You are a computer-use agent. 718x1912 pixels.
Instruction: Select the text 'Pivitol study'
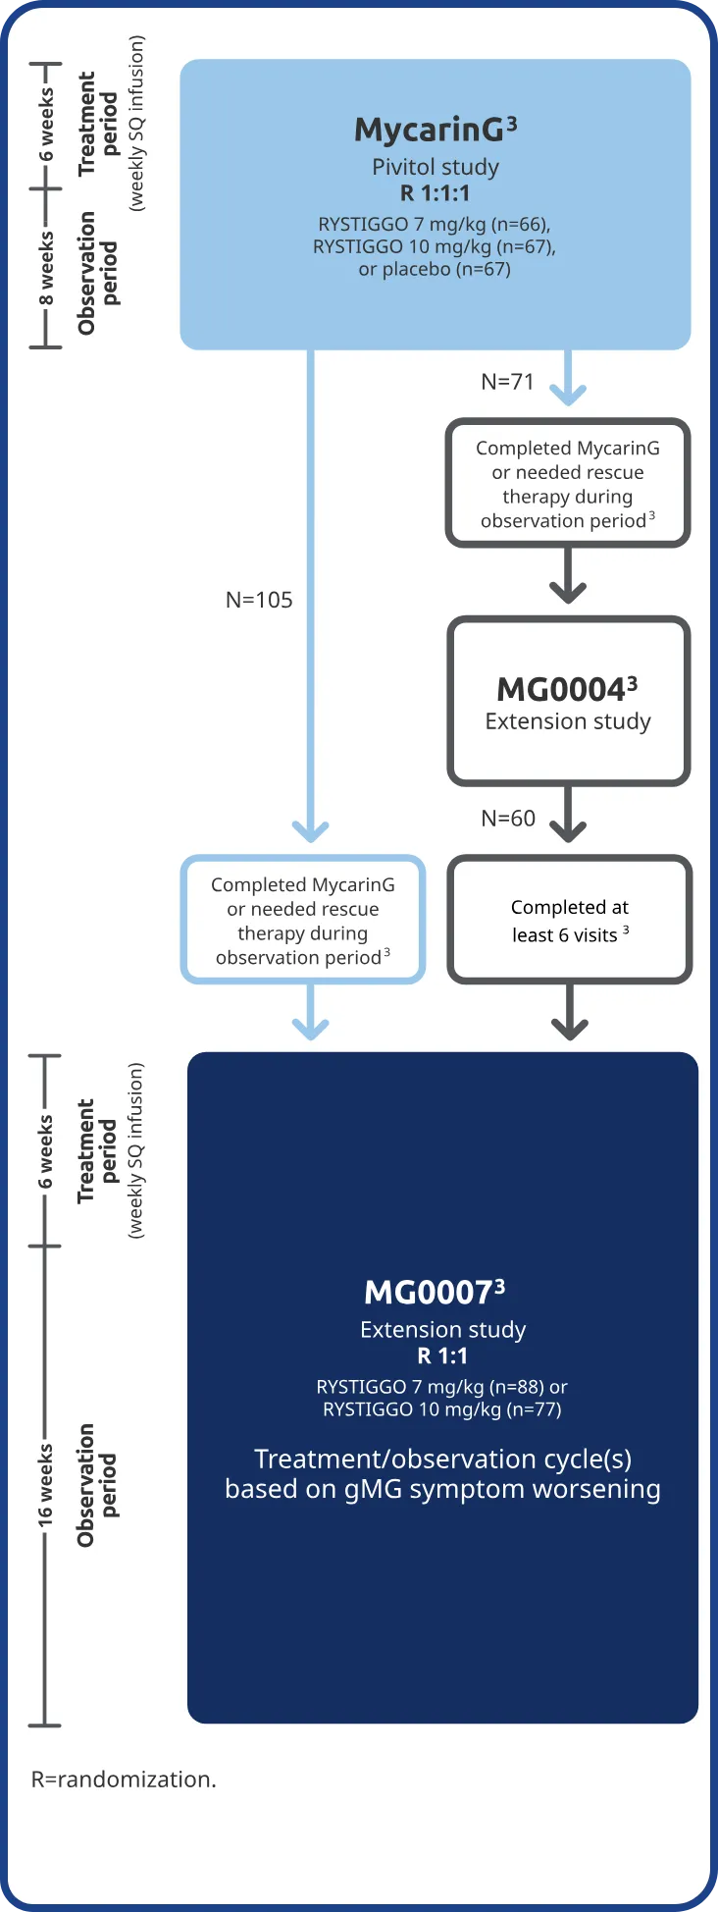coord(436,167)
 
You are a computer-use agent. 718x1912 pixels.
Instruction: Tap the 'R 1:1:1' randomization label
coord(435,193)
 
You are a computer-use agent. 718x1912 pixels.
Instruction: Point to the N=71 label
coord(507,382)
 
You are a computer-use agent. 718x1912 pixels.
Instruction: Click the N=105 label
coord(259,600)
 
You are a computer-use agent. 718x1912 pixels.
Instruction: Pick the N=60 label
coord(508,819)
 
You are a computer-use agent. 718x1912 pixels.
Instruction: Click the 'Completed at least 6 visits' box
coord(569,920)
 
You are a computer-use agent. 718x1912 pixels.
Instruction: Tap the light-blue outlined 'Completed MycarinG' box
coord(303,920)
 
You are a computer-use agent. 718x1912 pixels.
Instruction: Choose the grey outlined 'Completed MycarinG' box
coord(568,484)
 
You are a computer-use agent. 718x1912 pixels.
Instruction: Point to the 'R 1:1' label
coord(442,1355)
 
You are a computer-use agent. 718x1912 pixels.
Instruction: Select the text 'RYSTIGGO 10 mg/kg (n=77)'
coord(442,1409)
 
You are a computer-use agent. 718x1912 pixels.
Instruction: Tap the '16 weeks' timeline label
coord(46,1484)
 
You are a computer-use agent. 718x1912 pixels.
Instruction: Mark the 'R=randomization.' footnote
coord(124,1779)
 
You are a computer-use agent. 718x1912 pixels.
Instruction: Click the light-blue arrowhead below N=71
coord(568,394)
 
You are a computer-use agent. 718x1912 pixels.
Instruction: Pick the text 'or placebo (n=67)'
coord(435,269)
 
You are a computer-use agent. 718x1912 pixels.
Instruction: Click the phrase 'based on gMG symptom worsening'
coord(442,1489)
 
